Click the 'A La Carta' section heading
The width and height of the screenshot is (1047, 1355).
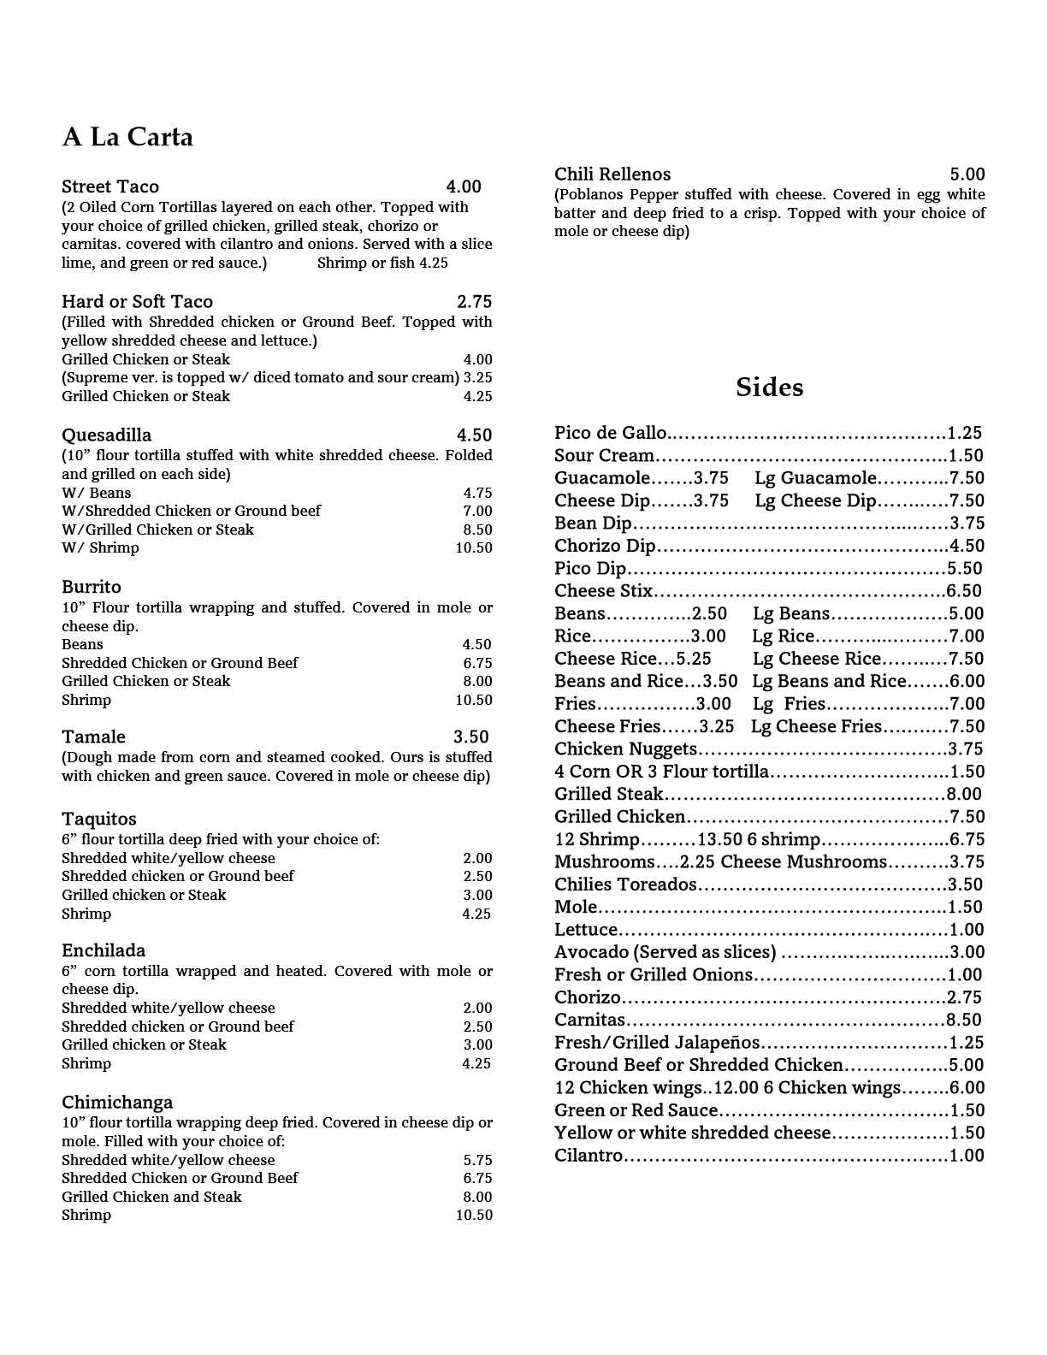coord(127,137)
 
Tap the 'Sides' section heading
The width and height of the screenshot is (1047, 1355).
coord(769,388)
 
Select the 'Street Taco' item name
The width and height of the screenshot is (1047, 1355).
coord(110,186)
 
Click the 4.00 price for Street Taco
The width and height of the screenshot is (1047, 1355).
coord(464,186)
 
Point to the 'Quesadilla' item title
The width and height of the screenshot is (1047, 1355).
coord(106,435)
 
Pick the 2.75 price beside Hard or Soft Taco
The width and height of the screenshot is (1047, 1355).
coord(474,301)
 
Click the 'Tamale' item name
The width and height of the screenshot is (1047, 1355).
coord(93,737)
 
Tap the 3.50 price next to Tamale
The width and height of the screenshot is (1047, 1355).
coord(470,737)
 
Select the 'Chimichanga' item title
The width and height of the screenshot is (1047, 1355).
coord(117,1102)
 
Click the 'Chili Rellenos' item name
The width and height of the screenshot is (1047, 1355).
coord(612,174)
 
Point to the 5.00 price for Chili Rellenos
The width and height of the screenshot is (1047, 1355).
coord(967,174)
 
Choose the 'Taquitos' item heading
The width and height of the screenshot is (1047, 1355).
coord(99,819)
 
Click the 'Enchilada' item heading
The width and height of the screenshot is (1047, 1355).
coord(104,950)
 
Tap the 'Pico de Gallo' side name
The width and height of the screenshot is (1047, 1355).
coord(610,433)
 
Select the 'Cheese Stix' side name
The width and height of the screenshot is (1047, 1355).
coord(603,591)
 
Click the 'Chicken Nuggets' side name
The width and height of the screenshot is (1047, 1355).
coord(626,749)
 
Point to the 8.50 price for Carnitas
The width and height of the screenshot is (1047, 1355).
coord(964,1020)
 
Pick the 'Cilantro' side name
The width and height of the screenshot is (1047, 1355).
coord(589,1155)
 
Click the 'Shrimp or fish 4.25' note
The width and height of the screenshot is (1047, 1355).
coord(382,263)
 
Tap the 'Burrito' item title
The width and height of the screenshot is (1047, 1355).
coord(92,587)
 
